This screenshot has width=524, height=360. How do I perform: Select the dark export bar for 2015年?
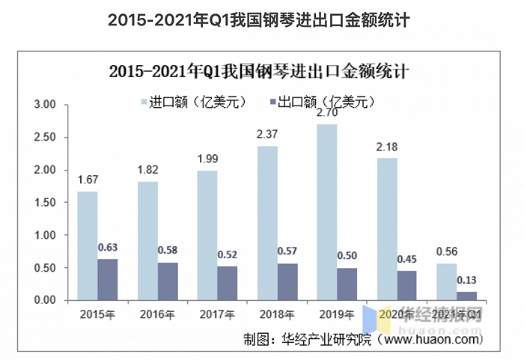coord(107,279)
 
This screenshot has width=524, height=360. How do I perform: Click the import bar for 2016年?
coord(147,240)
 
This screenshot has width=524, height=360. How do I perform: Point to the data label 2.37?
coord(267,135)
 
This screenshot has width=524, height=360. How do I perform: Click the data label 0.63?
coord(108,248)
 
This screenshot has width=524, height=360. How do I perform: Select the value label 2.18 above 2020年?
coord(386,147)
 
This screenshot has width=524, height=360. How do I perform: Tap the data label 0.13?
coord(466,280)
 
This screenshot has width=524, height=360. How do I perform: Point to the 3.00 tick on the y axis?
coord(46,106)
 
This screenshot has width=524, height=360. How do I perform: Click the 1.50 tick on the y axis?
coord(46,203)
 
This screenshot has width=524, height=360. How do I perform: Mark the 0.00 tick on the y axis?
coord(46,300)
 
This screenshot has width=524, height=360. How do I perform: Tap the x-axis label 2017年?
coord(218,314)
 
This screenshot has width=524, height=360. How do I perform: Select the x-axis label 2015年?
coord(98,314)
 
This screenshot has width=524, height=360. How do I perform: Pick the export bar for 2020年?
coord(406,285)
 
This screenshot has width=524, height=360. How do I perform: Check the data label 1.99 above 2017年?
coord(207,159)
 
